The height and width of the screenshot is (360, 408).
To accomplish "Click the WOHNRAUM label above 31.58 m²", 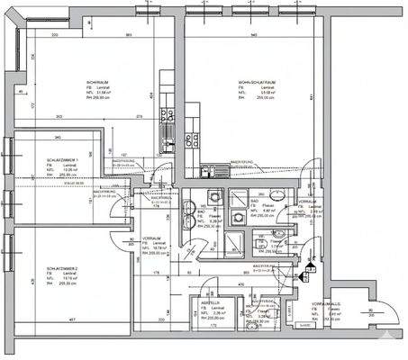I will pos(98,82).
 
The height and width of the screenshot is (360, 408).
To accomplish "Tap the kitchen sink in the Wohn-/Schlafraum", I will pos(210,170).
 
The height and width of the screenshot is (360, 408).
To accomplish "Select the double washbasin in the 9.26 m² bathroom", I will pos(214,198).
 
